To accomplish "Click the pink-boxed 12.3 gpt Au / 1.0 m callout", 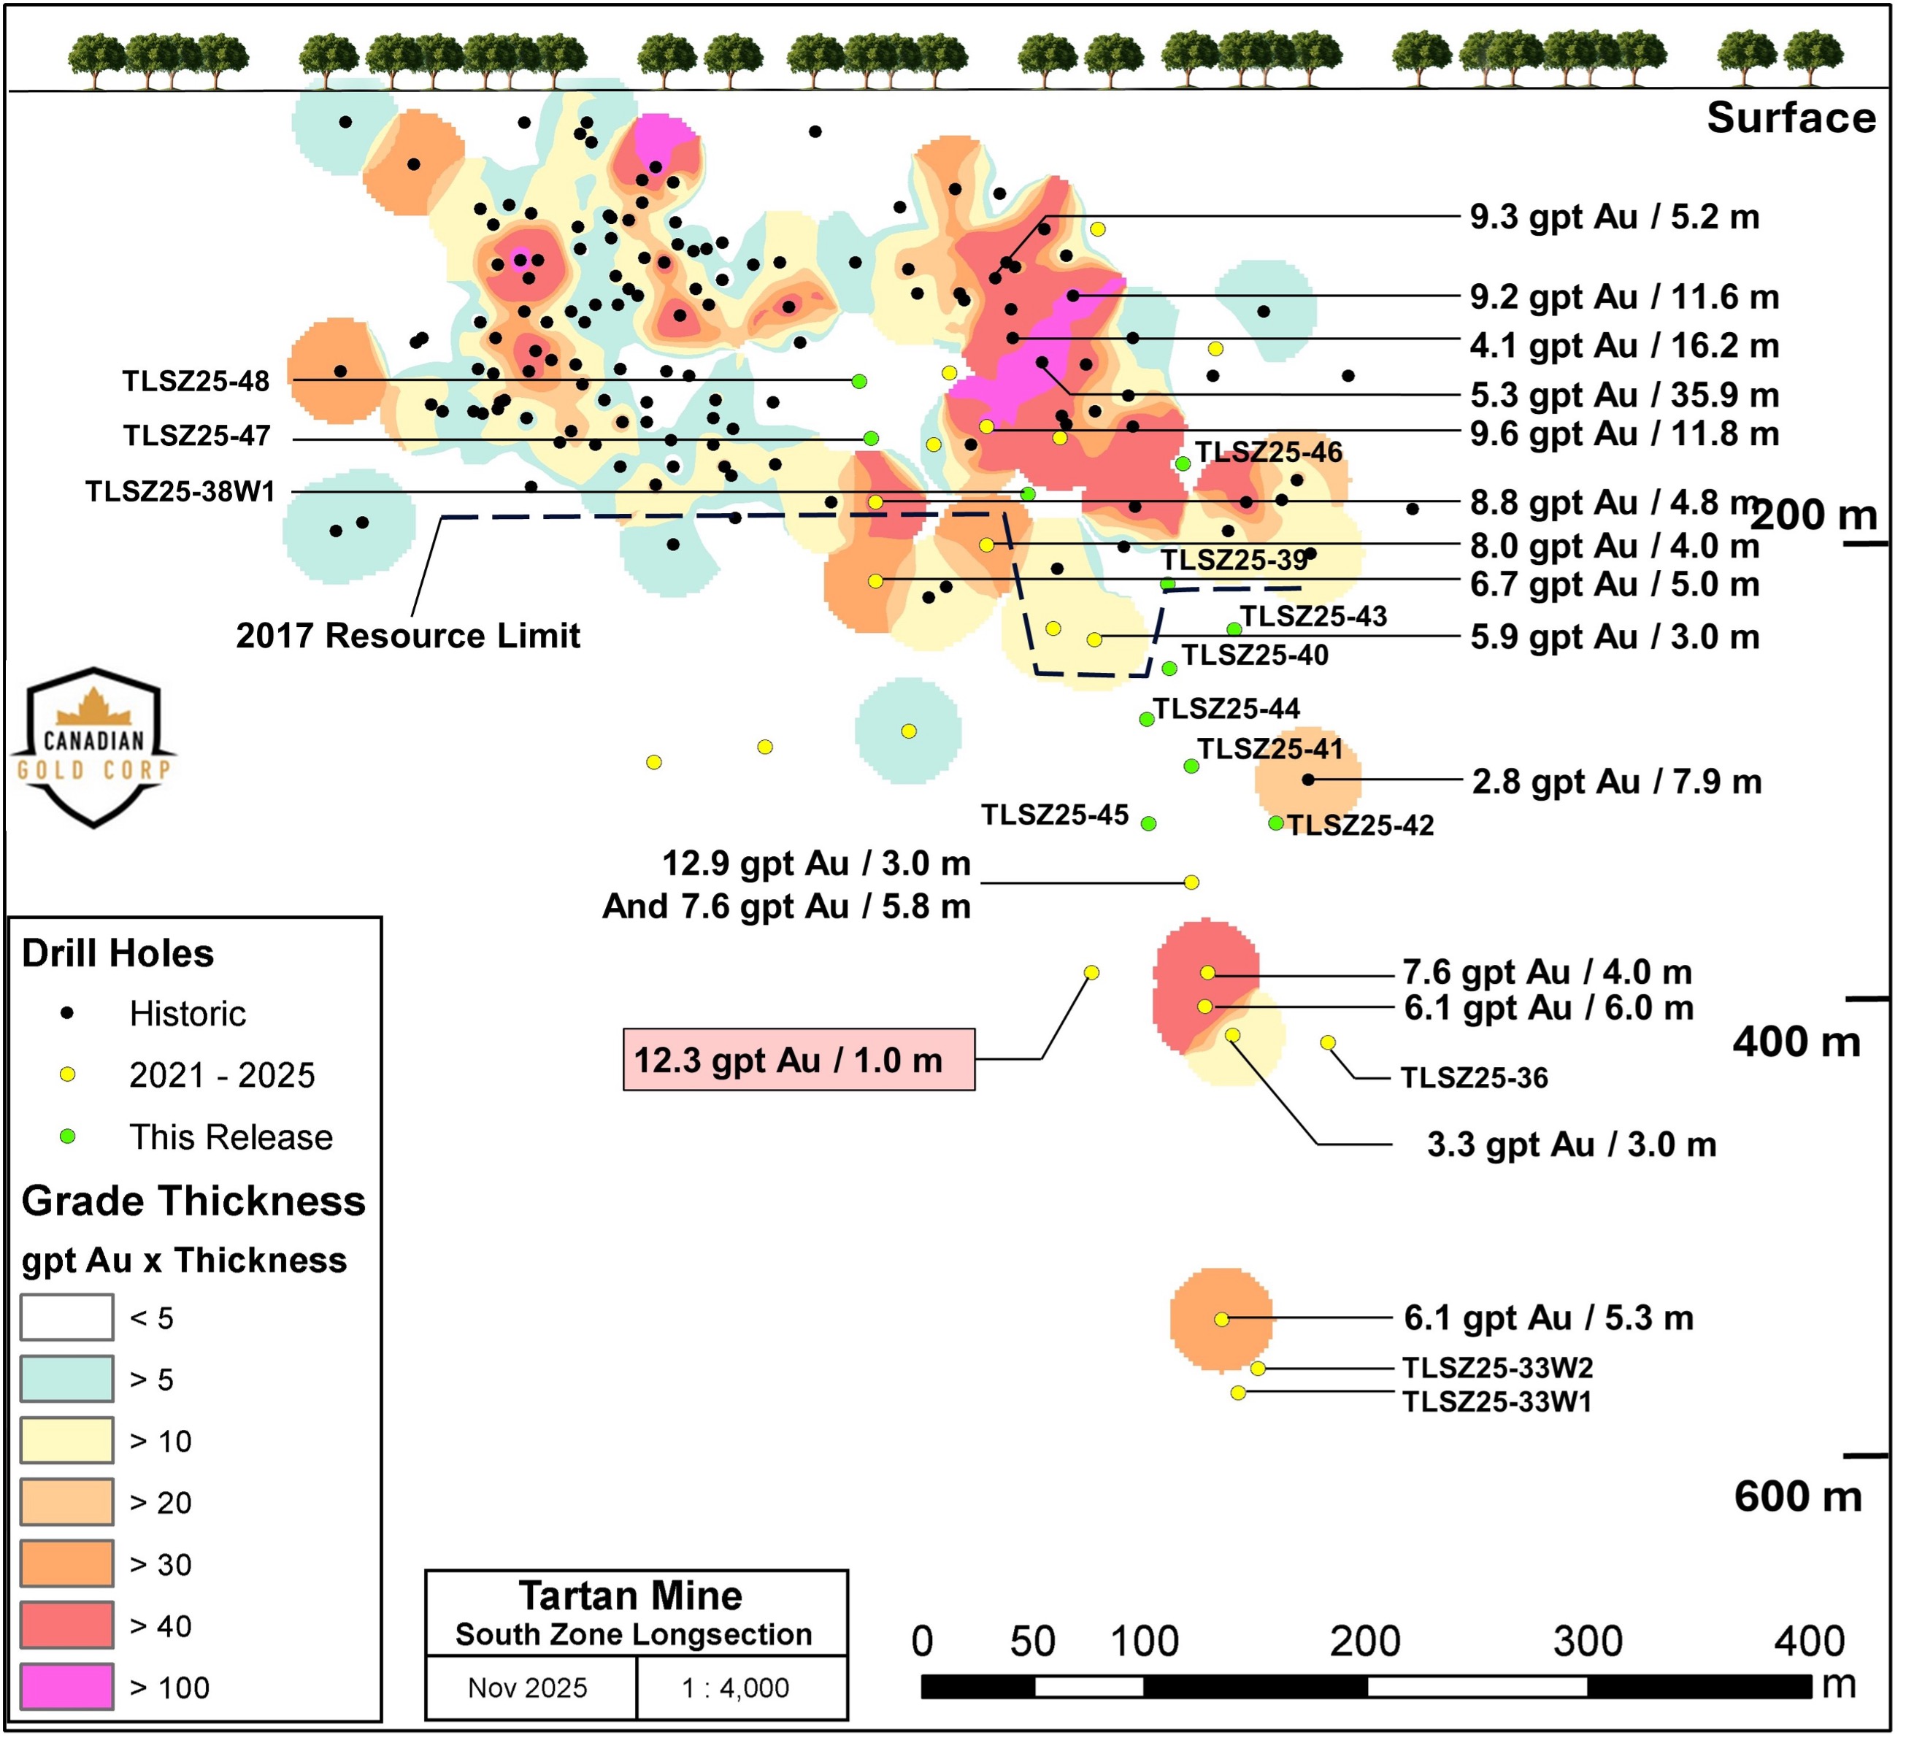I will point(799,1061).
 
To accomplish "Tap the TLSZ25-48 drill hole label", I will point(196,382).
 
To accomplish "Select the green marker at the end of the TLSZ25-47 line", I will point(872,439).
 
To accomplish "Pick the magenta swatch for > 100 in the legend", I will point(67,1688).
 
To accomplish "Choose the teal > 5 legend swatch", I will point(67,1379).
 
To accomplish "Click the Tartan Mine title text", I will point(631,1596).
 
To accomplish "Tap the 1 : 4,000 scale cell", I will point(736,1688).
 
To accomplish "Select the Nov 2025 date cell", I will point(528,1688).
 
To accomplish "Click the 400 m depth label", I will point(1797,1042).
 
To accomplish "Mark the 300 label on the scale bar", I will point(1588,1642).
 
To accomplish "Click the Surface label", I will point(1791,118).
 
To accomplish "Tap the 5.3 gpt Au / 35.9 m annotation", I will point(1624,395).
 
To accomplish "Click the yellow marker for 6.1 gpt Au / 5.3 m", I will point(1221,1320).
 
